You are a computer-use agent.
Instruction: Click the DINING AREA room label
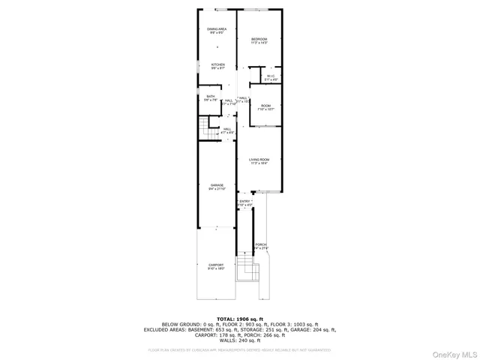(x=217, y=31)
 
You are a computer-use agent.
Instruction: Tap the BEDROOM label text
(x=259, y=40)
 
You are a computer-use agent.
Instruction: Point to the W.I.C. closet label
(x=271, y=77)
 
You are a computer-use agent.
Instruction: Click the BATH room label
(x=211, y=98)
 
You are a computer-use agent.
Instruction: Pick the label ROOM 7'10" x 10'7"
(x=265, y=107)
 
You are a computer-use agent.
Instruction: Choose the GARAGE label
(x=217, y=187)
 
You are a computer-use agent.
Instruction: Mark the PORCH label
(x=261, y=246)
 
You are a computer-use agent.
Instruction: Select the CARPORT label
(x=216, y=266)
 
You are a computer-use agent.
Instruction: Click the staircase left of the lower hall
(x=205, y=127)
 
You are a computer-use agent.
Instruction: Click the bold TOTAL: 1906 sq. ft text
(x=240, y=319)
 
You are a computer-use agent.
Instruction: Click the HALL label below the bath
(x=227, y=130)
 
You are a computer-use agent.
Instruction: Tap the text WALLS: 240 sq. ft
(x=240, y=340)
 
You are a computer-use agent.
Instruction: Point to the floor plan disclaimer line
(x=240, y=349)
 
